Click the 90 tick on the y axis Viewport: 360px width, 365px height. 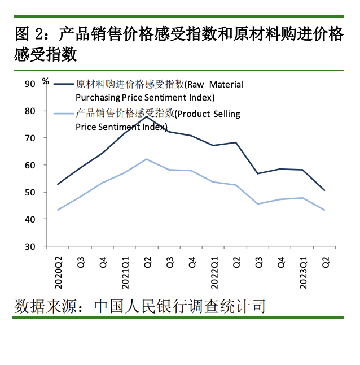coord(30,84)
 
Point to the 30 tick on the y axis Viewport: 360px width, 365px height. coord(30,247)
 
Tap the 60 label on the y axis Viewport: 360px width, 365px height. coord(30,166)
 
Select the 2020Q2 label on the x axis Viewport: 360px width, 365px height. coord(58,272)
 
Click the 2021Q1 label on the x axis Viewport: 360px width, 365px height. coord(124,272)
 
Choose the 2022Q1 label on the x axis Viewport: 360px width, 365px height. coord(214,272)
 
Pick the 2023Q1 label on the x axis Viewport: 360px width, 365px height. coord(303,272)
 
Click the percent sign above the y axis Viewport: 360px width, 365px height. coord(46,80)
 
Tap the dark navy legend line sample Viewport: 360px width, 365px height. coord(63,84)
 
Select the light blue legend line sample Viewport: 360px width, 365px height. coord(63,114)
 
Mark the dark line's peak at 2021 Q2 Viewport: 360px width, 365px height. coord(147,116)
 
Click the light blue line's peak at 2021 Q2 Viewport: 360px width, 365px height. coord(147,159)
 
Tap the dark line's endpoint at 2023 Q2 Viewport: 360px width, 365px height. coord(325,190)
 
